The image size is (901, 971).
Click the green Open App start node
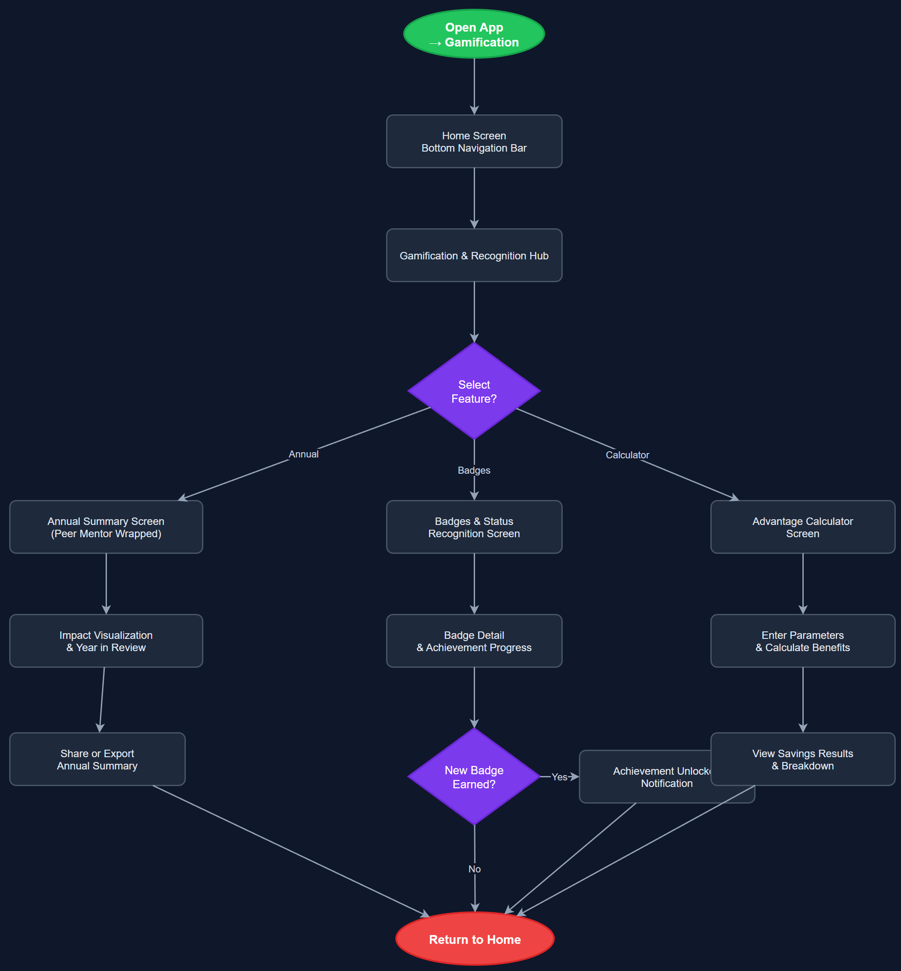point(474,34)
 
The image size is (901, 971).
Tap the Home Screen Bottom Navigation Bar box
point(474,142)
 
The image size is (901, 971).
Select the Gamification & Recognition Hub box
point(474,255)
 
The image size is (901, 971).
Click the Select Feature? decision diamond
point(474,391)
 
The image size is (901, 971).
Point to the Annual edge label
point(303,454)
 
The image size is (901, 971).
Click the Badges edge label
point(474,471)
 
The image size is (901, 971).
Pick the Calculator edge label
point(627,455)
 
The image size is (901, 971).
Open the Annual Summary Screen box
point(106,527)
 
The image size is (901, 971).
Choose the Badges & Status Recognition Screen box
point(474,527)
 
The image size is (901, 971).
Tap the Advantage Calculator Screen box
point(802,527)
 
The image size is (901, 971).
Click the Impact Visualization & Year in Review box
point(106,641)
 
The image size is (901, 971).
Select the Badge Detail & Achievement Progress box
point(474,641)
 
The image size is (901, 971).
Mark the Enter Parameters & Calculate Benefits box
point(802,641)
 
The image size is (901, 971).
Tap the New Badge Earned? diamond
point(474,777)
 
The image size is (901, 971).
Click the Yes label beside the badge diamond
point(559,777)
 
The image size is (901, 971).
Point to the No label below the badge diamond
point(475,869)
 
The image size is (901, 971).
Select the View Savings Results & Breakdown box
point(802,759)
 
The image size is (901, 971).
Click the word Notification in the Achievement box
point(667,784)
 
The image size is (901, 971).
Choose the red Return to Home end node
point(475,939)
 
